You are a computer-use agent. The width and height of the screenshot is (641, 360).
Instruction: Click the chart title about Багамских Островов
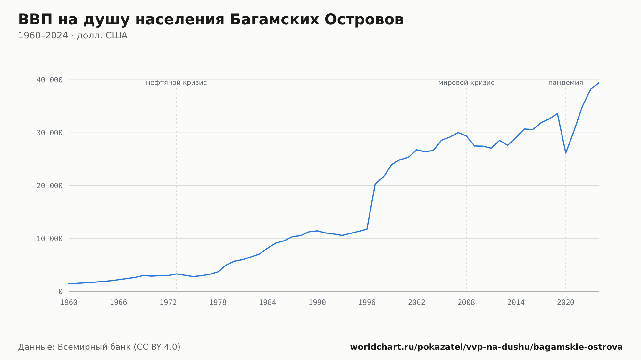pos(211,20)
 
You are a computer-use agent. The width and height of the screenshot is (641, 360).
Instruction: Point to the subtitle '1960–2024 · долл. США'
pos(73,36)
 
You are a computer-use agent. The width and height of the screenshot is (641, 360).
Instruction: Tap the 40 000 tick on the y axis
pos(49,80)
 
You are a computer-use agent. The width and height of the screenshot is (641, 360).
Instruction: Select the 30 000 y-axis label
pos(49,133)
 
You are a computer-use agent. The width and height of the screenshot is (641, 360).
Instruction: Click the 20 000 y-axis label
pos(49,186)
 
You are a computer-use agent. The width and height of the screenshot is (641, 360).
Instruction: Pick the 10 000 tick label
pos(49,239)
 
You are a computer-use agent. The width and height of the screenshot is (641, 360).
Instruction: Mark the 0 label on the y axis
pos(61,292)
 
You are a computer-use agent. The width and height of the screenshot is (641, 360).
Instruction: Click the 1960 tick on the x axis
pos(69,303)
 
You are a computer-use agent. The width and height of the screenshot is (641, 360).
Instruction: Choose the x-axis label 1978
pos(218,303)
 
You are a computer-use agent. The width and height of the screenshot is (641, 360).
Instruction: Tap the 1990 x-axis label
pos(317,303)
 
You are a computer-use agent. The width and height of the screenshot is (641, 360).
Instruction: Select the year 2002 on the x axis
pos(417,303)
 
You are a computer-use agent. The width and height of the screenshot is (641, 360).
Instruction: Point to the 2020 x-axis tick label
pos(566,303)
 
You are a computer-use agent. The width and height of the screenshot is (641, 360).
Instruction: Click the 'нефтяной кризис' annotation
pos(176,83)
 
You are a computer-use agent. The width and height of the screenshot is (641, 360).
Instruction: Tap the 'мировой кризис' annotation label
pos(466,83)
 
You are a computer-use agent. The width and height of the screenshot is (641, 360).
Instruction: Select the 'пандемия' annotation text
pos(566,83)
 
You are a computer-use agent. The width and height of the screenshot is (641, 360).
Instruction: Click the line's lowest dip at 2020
pos(566,153)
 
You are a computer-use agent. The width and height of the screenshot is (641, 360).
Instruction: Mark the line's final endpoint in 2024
pos(599,83)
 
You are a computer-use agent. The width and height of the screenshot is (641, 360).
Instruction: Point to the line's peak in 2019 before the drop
pos(557,114)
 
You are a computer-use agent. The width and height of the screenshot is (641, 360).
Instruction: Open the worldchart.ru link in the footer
pos(487,347)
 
